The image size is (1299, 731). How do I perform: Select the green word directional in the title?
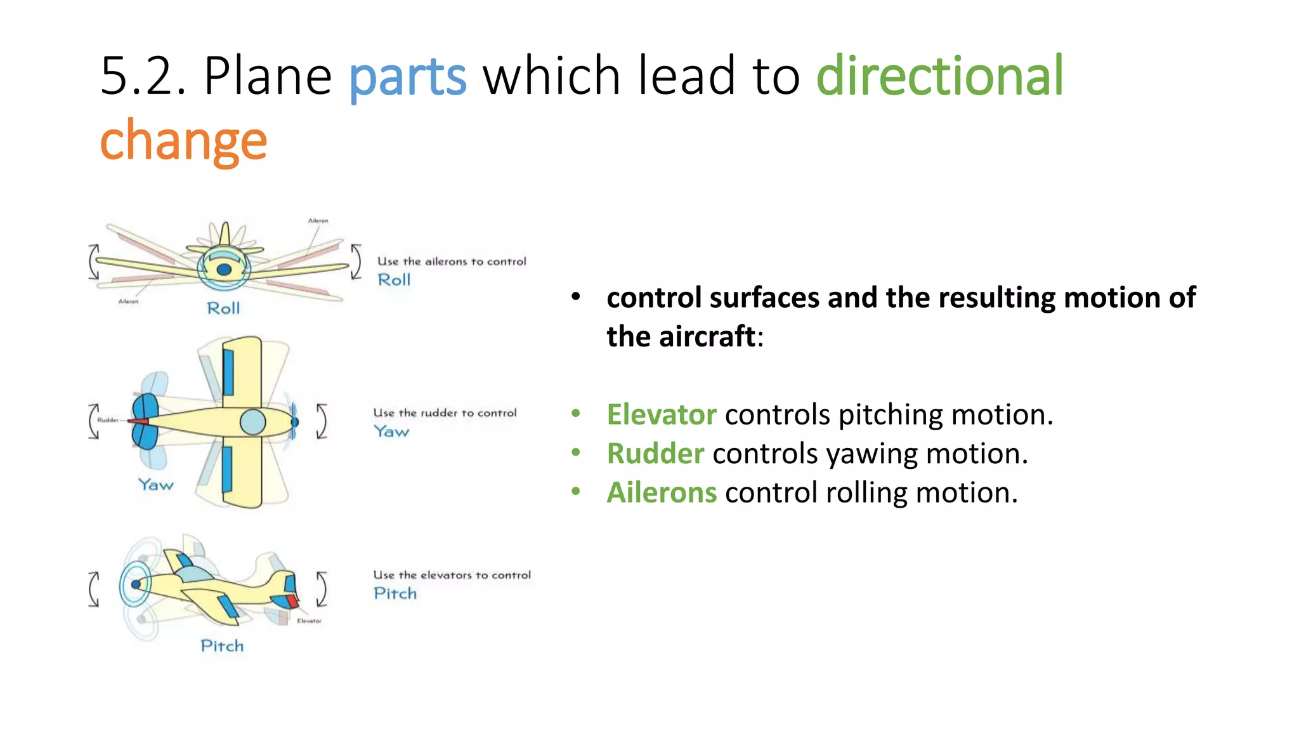tap(939, 76)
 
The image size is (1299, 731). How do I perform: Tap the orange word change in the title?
tap(183, 141)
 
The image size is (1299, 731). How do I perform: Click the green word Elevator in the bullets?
tap(661, 415)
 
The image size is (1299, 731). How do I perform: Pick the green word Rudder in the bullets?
tap(655, 454)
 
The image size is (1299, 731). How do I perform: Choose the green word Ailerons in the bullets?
tap(661, 493)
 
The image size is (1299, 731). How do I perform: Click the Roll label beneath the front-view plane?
tap(223, 308)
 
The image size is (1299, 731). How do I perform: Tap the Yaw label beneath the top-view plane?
tap(156, 485)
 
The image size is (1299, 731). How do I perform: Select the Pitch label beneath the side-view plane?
tap(222, 646)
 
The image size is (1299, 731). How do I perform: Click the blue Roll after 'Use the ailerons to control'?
tap(394, 280)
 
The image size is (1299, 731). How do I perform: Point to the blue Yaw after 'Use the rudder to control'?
tap(391, 431)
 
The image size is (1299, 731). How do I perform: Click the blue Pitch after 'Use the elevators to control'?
tap(395, 593)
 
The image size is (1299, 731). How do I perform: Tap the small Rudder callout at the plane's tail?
tap(107, 420)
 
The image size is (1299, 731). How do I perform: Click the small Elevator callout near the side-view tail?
tap(309, 621)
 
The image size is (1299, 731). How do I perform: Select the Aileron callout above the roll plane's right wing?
tap(318, 221)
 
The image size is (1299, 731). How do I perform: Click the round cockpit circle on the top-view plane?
tap(252, 422)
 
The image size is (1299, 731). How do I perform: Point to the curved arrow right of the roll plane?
tap(356, 261)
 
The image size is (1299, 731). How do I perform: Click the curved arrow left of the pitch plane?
tap(94, 589)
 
